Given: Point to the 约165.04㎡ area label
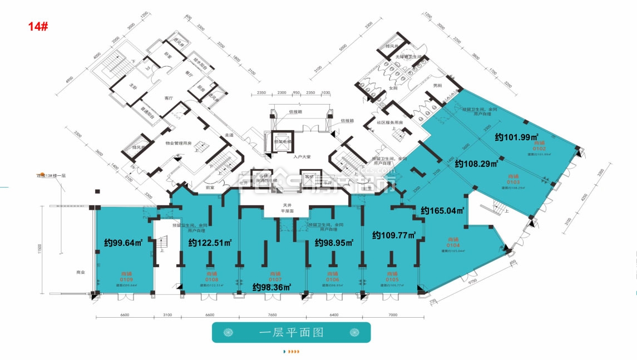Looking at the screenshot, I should click(x=442, y=210).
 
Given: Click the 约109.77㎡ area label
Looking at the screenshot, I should click(x=394, y=235).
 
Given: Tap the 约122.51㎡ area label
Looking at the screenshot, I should click(x=210, y=243).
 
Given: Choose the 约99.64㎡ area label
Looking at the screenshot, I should click(x=124, y=243).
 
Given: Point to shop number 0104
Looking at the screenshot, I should click(x=452, y=245).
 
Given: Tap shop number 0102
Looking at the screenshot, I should click(x=539, y=149).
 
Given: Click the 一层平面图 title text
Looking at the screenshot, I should click(x=291, y=333).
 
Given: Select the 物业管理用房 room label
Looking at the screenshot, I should click(x=178, y=144).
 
